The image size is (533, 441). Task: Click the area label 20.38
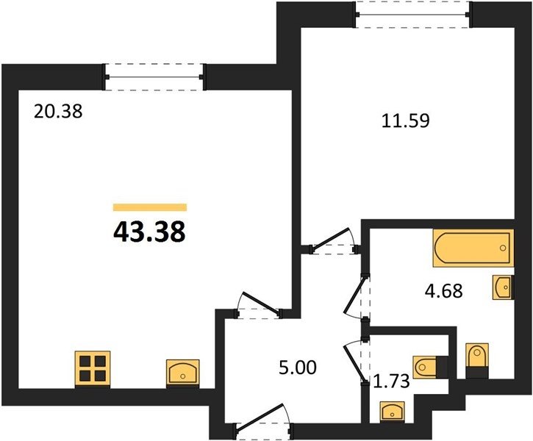(58, 112)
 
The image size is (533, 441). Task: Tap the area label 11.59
(406, 121)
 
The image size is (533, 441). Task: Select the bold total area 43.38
(149, 232)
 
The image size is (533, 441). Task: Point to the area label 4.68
(443, 291)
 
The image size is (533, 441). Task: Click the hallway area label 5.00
(298, 367)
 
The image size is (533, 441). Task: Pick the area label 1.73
(391, 381)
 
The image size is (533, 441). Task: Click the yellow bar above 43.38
(150, 207)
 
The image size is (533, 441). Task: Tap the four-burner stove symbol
(93, 369)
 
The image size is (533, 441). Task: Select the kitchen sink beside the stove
(183, 373)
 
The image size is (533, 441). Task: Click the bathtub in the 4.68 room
(473, 248)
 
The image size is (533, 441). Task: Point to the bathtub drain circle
(503, 248)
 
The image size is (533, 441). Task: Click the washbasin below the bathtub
(503, 287)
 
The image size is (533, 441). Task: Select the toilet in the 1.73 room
(430, 367)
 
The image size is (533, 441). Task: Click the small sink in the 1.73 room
(393, 412)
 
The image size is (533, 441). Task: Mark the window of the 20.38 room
(154, 76)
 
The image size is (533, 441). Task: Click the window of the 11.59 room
(412, 15)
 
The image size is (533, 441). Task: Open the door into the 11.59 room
(330, 240)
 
